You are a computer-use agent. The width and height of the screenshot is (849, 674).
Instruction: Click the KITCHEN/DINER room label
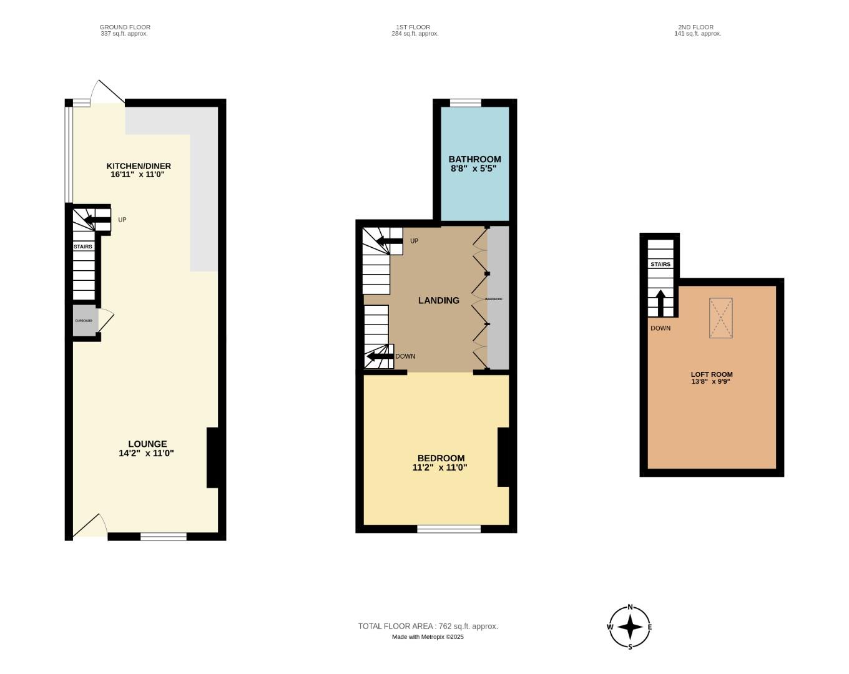139,166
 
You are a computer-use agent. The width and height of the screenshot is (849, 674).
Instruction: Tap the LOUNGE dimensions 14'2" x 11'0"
146,454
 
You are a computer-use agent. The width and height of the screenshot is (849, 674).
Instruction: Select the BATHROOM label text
474,159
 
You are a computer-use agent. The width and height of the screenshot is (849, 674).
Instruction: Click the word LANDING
438,300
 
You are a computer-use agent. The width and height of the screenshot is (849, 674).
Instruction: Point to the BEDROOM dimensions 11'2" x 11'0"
439,467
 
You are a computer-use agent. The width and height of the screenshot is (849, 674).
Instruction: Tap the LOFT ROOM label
712,374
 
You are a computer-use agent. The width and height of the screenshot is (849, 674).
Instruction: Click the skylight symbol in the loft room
720,318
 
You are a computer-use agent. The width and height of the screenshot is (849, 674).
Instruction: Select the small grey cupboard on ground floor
84,321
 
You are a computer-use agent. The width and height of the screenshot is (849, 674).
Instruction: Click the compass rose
630,627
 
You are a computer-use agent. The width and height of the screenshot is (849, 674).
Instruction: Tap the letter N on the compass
630,607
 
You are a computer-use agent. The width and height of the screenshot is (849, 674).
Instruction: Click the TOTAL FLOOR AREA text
428,626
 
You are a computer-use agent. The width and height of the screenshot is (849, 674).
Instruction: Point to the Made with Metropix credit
428,637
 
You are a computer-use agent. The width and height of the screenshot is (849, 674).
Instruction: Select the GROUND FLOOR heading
125,27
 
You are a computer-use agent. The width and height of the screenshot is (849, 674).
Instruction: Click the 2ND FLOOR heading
695,27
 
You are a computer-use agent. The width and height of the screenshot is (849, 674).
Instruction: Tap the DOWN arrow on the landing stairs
379,356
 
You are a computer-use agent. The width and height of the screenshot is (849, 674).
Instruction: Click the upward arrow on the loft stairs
660,304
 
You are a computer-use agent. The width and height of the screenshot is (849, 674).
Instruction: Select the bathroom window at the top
466,103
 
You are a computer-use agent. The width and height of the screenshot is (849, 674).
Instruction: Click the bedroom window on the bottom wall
449,529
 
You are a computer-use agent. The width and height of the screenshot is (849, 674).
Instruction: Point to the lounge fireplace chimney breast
212,457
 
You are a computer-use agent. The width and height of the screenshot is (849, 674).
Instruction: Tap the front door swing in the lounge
89,526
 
